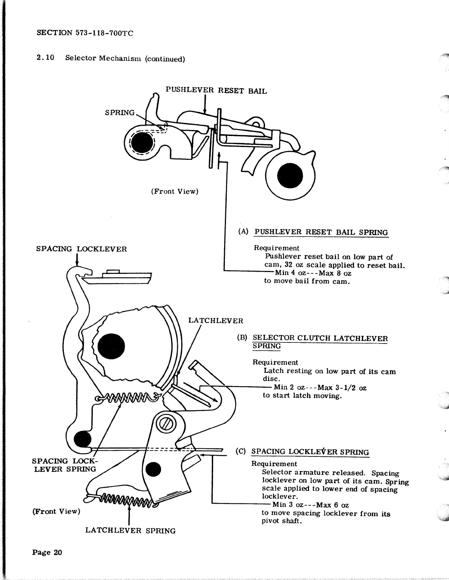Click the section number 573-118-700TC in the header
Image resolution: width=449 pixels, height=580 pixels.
click(x=104, y=33)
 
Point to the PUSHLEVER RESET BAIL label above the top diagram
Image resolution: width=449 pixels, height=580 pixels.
click(x=216, y=91)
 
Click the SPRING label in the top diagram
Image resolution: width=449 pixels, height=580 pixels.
click(x=120, y=113)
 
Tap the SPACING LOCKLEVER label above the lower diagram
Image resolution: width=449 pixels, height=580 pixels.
click(x=81, y=249)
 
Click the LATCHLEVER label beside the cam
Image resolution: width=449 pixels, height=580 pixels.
click(x=215, y=321)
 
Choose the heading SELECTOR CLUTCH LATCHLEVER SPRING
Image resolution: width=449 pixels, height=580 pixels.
click(x=320, y=342)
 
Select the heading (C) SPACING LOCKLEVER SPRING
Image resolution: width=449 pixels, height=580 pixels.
click(x=310, y=452)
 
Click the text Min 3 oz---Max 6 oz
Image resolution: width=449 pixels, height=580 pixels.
click(x=310, y=505)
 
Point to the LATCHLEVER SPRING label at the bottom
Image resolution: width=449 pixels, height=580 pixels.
click(x=130, y=531)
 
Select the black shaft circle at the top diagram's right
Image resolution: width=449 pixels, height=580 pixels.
click(x=290, y=176)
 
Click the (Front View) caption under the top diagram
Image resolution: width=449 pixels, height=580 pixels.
click(x=174, y=191)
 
